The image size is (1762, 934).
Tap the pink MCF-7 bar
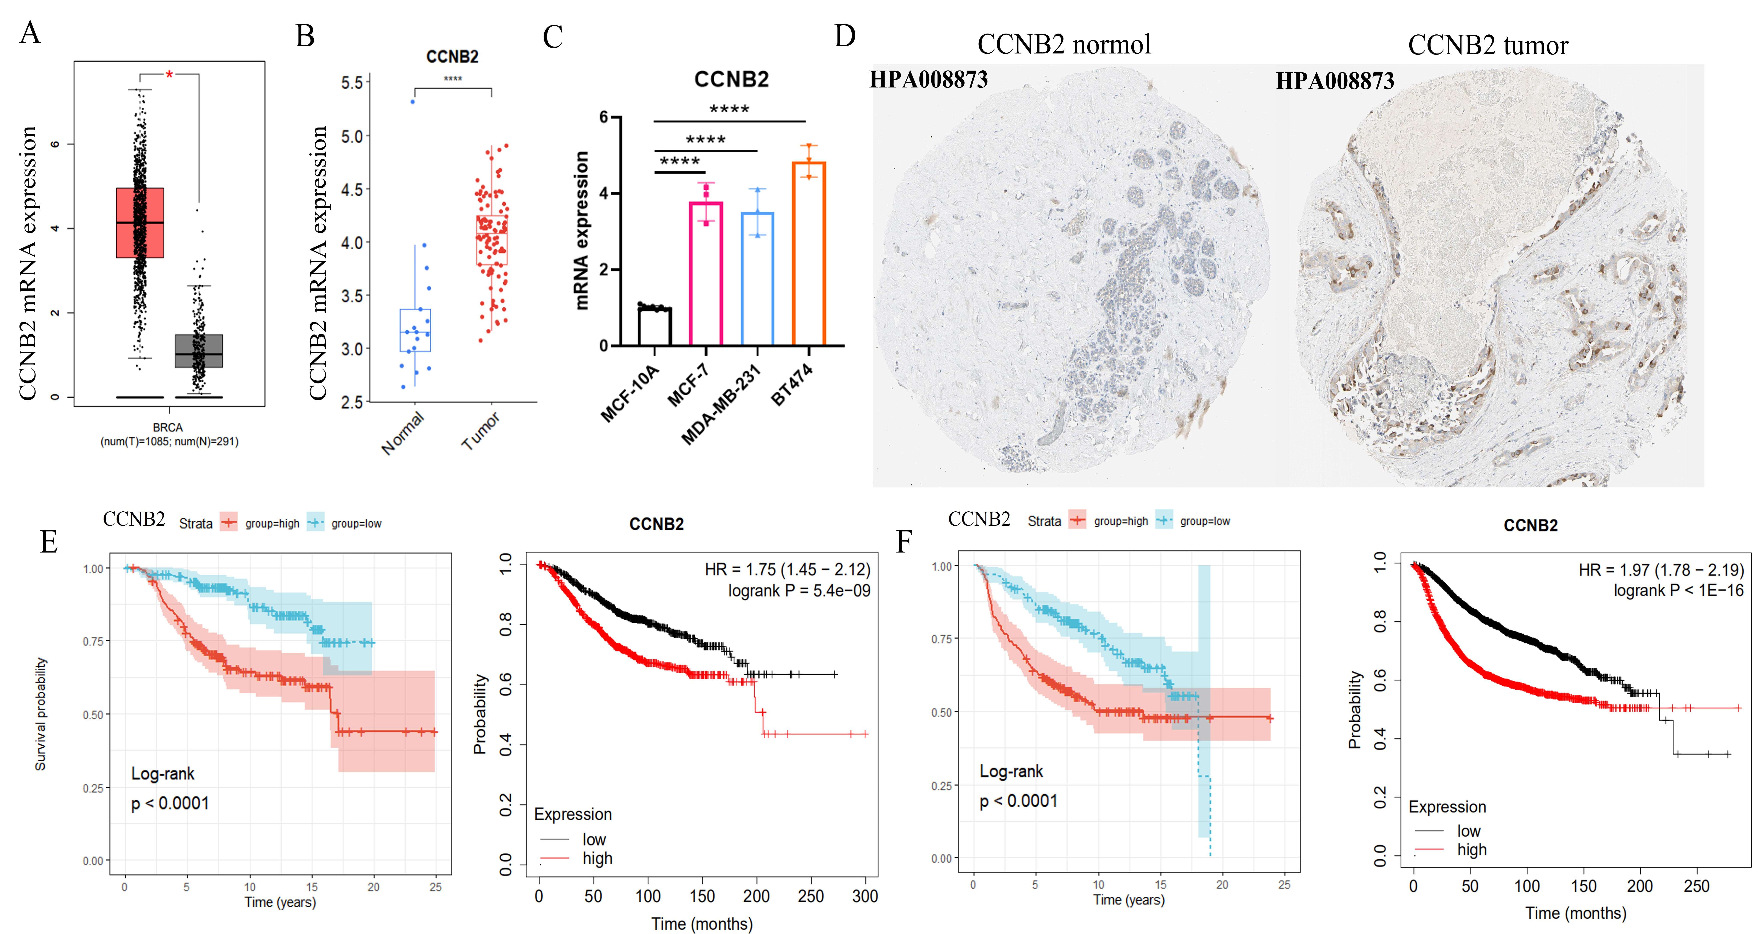[706, 273]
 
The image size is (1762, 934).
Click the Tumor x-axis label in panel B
[481, 431]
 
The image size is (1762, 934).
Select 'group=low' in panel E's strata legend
[356, 524]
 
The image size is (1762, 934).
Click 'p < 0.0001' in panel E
[170, 803]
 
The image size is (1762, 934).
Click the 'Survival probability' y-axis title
[41, 714]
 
